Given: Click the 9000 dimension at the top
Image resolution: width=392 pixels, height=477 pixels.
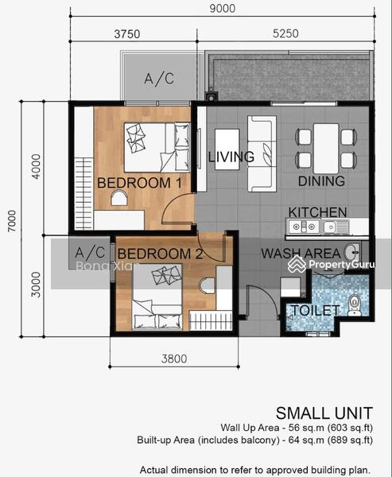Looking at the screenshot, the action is coord(223,8).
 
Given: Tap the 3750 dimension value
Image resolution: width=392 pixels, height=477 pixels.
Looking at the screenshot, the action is coord(127,33).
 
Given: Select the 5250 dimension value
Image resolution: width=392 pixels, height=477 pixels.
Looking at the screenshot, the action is coord(285,33).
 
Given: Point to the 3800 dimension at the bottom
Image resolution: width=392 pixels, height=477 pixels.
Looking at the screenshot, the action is coord(174,359).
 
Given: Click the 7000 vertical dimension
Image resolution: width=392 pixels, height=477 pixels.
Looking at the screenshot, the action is coord(12,221).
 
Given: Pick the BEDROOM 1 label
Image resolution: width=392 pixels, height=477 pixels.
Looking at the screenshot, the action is coord(139,183).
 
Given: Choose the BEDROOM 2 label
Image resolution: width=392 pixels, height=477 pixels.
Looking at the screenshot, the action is coord(160,254).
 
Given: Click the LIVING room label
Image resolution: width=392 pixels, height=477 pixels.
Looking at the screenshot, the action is coord(231,157).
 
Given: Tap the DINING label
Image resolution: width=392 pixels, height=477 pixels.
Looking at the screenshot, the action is coord(321,181).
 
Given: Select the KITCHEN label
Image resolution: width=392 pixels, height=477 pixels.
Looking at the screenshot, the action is coord(317,212).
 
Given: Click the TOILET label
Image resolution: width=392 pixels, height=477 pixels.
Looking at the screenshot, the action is coord(316,310).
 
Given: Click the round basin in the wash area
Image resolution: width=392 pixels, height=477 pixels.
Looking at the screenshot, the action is coord(351,252).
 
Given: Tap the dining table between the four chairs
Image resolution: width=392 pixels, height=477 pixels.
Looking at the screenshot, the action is coord(326,149).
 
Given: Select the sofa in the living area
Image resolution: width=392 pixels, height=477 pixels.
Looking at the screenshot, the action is coord(262,153).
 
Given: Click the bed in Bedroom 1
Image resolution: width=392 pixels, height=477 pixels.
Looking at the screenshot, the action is coord(157,147).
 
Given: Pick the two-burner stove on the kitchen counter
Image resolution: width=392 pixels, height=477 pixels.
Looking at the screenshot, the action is coord(304,227).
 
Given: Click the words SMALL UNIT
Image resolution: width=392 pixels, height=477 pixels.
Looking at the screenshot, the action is coord(324,413).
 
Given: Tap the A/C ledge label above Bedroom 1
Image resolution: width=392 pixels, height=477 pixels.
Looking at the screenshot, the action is coord(159,79).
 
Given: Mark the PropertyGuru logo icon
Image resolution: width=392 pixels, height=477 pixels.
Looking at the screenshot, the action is coord(297,264).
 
